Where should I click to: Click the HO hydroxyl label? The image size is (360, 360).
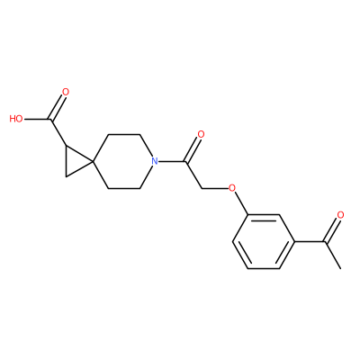pos(16,119)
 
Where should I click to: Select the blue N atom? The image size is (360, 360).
pos(155,162)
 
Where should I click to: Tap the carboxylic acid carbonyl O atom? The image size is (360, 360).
pos(66,92)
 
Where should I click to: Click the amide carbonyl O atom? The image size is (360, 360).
pos(201,135)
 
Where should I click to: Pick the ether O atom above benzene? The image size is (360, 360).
pos(232,188)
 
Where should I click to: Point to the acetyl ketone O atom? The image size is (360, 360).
pos(340,215)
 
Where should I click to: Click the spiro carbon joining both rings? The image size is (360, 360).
pos(93,162)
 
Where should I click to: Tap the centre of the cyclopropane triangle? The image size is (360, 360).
pos(76,162)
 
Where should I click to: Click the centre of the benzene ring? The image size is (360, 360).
pos(264,241)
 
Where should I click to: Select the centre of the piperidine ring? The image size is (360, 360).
pos(124,162)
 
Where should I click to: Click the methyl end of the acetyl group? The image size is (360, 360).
pos(340,268)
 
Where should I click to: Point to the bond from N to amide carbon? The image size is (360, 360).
pos(172,162)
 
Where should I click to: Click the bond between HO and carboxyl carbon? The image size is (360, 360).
pos(37,120)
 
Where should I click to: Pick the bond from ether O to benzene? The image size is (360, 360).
pos(240,203)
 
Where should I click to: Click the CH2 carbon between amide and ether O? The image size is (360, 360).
pos(202,189)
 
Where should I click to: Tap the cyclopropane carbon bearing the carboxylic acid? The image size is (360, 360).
pos(66,147)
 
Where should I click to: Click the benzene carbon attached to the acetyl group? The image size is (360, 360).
pos(294,241)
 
